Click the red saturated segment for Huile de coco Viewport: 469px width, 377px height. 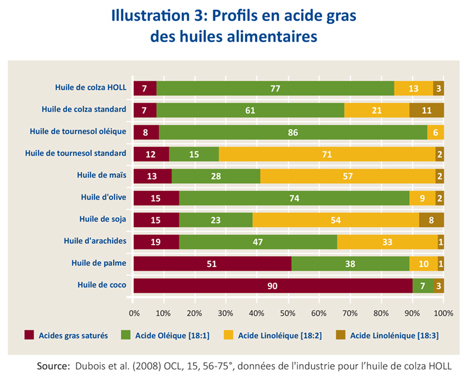tap(272, 286)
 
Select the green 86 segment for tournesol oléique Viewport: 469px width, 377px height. tap(293, 132)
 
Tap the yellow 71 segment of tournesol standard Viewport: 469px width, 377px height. tap(327, 154)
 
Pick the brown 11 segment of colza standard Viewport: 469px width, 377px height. tap(426, 110)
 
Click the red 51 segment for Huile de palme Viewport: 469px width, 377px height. tap(212, 263)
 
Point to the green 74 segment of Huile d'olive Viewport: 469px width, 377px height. tap(294, 198)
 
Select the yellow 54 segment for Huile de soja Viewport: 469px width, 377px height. tap(335, 220)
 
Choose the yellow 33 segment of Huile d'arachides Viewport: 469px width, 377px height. tap(387, 242)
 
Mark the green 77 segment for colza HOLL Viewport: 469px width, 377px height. tap(275, 88)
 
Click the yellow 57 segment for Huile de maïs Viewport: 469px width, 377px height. tap(348, 176)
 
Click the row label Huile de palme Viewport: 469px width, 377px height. tap(101, 263)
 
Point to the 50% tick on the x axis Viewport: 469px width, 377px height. tap(288, 313)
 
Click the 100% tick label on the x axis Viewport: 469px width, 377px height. tap(443, 313)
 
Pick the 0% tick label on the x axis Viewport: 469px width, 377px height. tap(134, 313)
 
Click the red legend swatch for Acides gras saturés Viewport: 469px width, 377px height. tap(29, 335)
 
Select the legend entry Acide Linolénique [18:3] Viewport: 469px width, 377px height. tap(393, 335)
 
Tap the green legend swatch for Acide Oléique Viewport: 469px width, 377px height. tap(125, 335)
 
